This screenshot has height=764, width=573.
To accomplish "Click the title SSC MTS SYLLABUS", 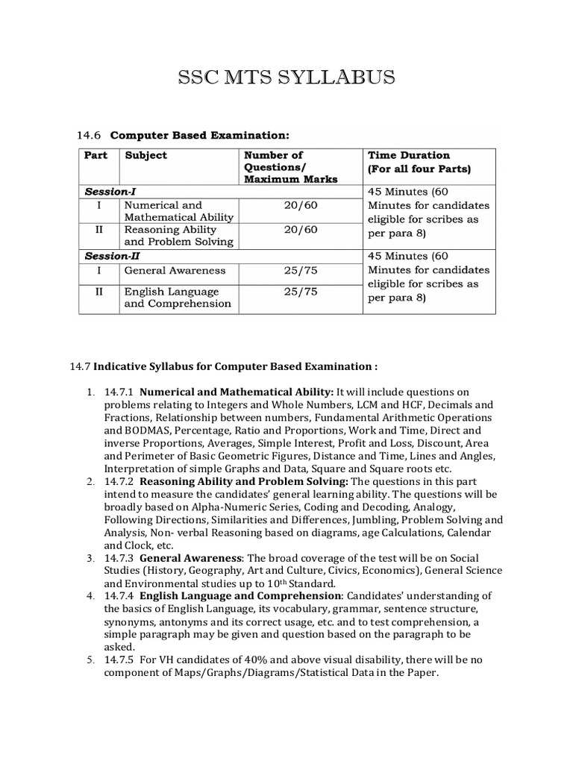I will tap(286, 78).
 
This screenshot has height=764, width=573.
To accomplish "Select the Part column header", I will tap(95, 155).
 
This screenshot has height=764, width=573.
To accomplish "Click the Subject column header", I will tap(145, 155).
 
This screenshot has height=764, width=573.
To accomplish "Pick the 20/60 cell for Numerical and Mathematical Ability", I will tap(301, 205).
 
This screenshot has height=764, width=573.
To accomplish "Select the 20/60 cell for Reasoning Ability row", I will tap(301, 230).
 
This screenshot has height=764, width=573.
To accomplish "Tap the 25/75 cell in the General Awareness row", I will tap(301, 270).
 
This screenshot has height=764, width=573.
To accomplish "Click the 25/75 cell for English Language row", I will tap(301, 292).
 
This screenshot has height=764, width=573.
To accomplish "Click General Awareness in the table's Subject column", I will tap(175, 270).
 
